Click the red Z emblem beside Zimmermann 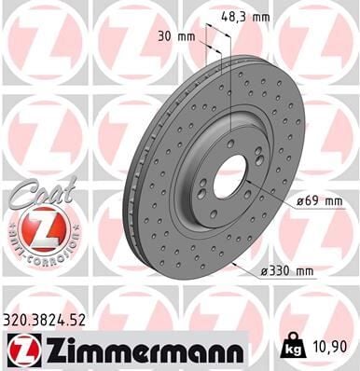[24, 351]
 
